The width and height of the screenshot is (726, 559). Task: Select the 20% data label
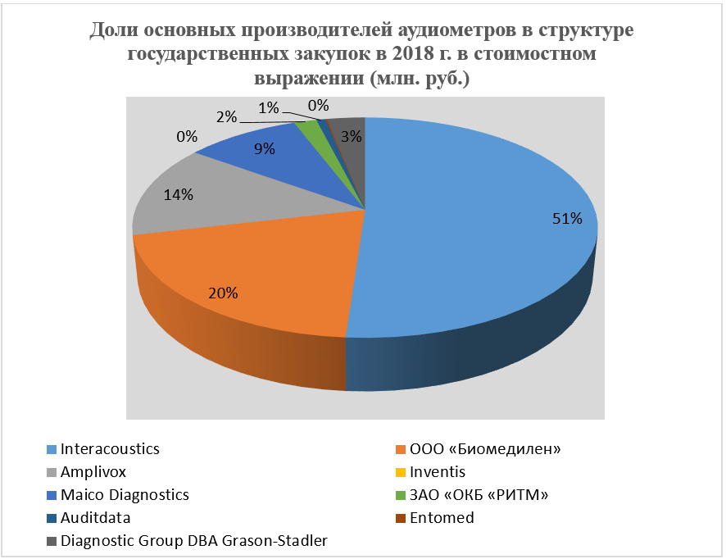pos(223,293)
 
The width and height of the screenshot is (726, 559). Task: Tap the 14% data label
pos(178,195)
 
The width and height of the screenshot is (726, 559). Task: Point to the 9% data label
pos(264,150)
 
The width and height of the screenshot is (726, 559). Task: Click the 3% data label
pos(352,137)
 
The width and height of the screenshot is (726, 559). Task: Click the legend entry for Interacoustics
pos(110,449)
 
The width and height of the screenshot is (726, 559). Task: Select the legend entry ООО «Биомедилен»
pos(479,449)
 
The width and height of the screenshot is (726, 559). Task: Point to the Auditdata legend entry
pos(96,518)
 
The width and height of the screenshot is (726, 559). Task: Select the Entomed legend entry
pos(442,518)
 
